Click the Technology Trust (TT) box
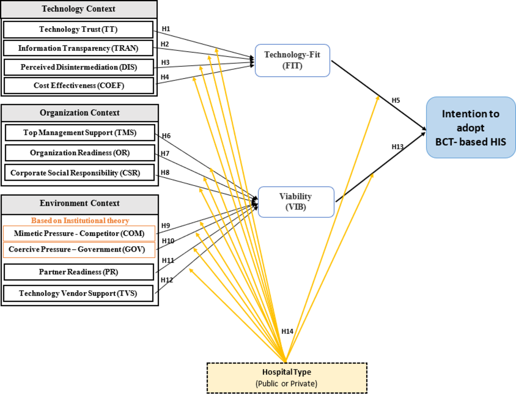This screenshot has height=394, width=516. (x=78, y=29)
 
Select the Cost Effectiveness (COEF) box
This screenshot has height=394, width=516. (x=79, y=85)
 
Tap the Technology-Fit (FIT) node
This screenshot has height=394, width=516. (x=292, y=60)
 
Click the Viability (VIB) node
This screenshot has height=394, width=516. (x=296, y=202)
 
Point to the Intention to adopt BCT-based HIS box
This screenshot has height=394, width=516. (x=470, y=128)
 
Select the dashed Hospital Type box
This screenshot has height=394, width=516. (x=287, y=378)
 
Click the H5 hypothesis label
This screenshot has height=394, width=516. (x=396, y=100)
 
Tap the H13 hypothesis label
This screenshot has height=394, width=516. (x=397, y=147)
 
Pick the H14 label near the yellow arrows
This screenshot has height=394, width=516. (x=287, y=331)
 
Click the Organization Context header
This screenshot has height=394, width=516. (x=79, y=113)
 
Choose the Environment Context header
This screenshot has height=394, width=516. (x=79, y=203)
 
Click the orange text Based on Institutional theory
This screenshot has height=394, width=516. (x=80, y=220)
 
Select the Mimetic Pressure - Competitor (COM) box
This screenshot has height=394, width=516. (x=79, y=233)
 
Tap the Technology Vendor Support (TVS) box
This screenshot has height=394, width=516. (x=78, y=293)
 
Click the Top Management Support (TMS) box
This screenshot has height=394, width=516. (x=80, y=133)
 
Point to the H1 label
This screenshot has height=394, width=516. (x=166, y=29)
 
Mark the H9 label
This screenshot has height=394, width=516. (x=166, y=225)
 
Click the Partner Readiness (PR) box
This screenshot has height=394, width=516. (x=79, y=272)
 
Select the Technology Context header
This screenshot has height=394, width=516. (x=79, y=9)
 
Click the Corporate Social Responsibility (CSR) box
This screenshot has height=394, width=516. (x=75, y=173)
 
